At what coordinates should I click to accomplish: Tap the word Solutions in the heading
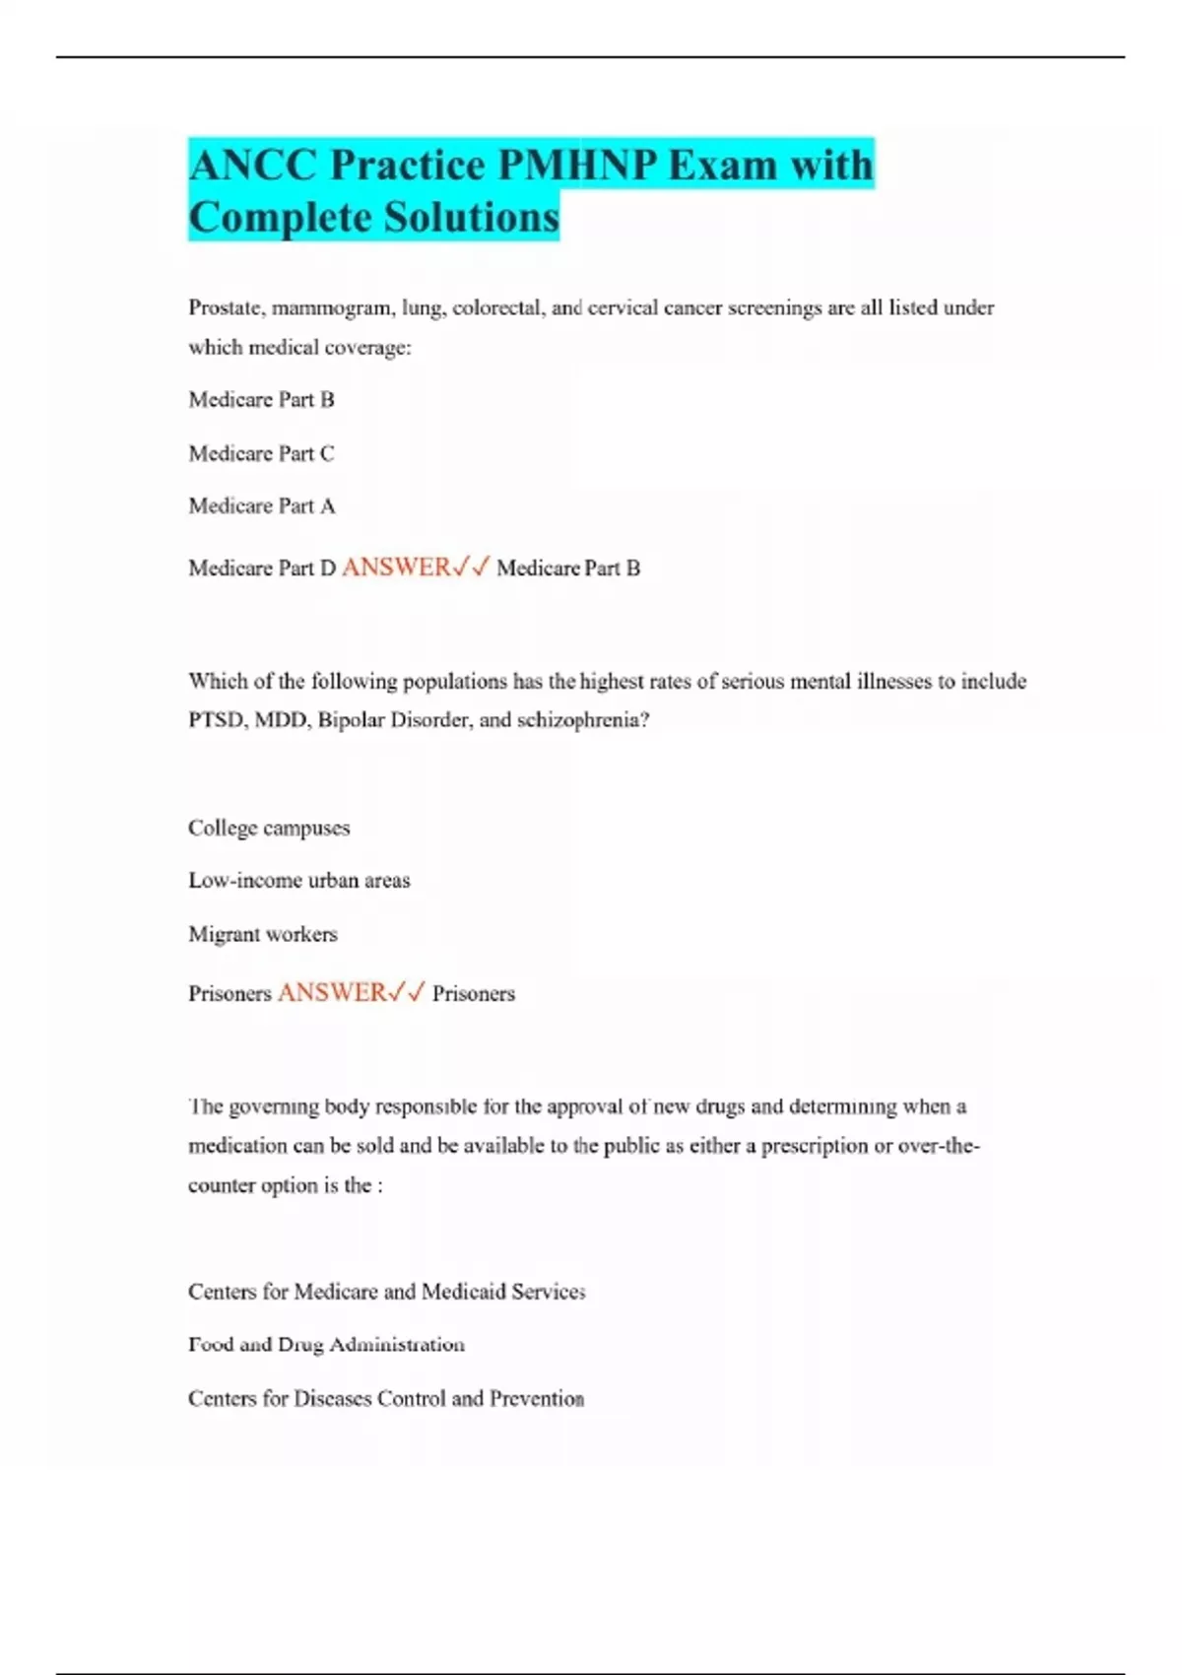[471, 218]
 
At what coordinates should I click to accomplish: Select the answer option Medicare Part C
[261, 453]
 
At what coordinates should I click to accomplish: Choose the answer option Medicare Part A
[261, 506]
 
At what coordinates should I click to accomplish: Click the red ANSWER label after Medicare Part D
[396, 568]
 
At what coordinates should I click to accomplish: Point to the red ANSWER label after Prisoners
[332, 992]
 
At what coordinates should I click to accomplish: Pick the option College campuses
[269, 828]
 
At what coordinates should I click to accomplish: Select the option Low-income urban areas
[298, 881]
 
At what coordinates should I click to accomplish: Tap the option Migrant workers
[262, 934]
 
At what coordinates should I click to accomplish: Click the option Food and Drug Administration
[326, 1345]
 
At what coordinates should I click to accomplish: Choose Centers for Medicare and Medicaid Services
[386, 1292]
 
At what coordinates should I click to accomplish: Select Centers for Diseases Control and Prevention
[386, 1398]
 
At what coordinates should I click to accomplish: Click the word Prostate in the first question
[226, 308]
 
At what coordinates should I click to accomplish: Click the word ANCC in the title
[252, 165]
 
